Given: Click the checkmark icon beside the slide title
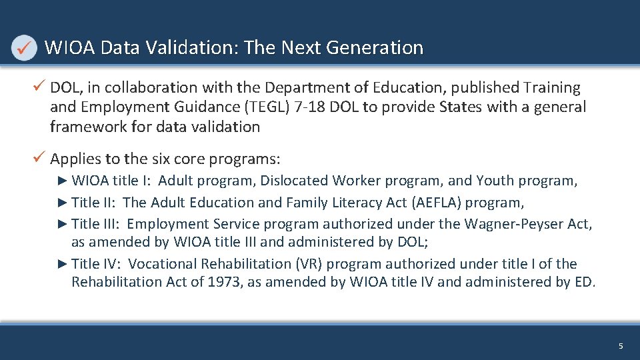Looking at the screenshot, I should (25, 48).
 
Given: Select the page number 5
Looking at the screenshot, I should (621, 346).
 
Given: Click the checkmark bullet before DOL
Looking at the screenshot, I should (40, 87).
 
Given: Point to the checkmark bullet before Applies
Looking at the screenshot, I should (40, 159).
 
